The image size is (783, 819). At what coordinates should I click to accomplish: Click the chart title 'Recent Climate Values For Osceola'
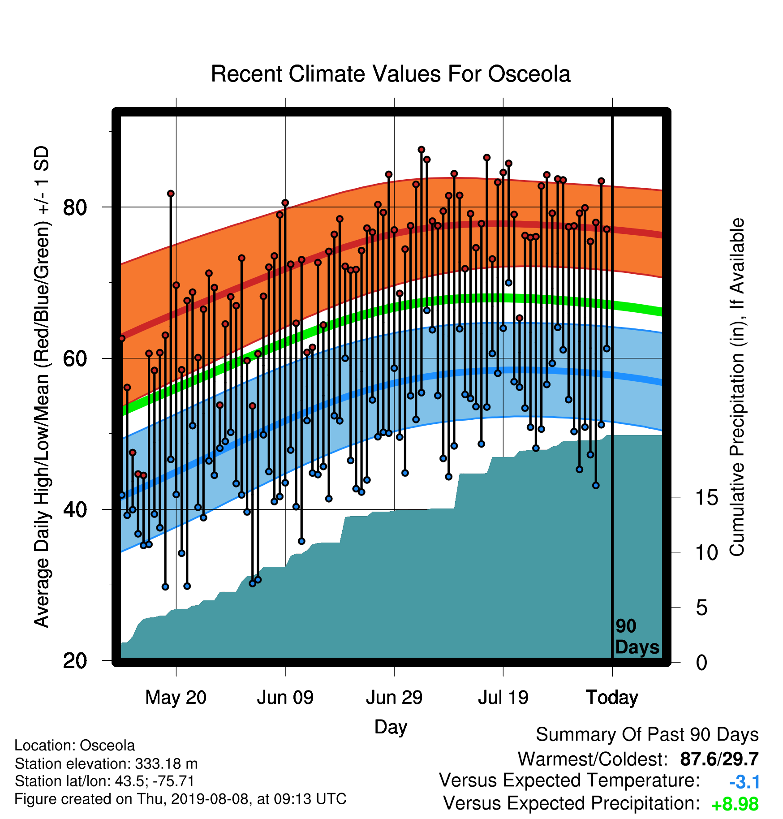(391, 74)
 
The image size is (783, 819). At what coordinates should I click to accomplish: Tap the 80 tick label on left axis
(75, 207)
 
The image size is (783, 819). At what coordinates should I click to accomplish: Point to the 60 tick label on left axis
(75, 358)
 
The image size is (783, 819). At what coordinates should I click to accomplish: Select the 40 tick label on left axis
(75, 509)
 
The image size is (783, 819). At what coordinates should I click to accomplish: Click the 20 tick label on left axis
(75, 661)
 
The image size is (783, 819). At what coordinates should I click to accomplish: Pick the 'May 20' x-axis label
(176, 698)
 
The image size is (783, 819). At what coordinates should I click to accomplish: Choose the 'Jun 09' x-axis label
(285, 698)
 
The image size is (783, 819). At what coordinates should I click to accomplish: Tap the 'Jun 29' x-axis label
(394, 698)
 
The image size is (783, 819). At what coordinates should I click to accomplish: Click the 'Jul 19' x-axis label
(503, 698)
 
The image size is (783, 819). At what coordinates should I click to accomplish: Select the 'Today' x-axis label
(612, 698)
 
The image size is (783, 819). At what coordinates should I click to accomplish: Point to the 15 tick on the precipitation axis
(706, 498)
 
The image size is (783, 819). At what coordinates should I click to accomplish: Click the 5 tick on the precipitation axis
(701, 608)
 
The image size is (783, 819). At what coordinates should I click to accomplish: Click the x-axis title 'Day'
(391, 727)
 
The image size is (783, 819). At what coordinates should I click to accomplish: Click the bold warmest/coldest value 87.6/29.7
(719, 759)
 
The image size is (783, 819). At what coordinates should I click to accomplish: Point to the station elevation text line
(106, 763)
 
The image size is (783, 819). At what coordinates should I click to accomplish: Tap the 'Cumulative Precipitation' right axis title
(737, 387)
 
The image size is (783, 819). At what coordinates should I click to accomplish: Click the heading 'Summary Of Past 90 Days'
(647, 735)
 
